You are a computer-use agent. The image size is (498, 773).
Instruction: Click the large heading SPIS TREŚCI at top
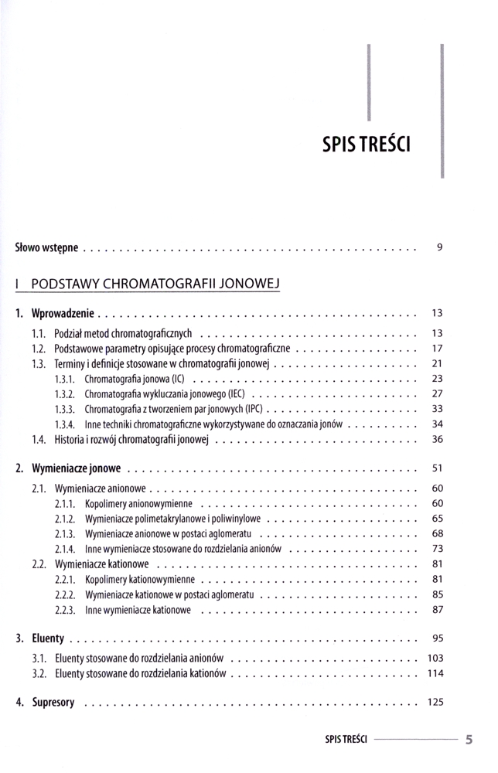370,144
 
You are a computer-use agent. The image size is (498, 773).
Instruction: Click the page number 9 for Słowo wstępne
438,248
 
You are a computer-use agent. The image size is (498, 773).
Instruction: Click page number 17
436,349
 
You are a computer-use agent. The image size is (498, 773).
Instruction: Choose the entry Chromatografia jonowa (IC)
135,379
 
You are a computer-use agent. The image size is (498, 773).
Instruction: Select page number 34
436,424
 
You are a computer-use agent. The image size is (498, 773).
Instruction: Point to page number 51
436,468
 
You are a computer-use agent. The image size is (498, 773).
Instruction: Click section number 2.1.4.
65,549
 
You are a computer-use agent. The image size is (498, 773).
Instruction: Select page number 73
436,549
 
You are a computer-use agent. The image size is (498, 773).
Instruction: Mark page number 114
434,673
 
